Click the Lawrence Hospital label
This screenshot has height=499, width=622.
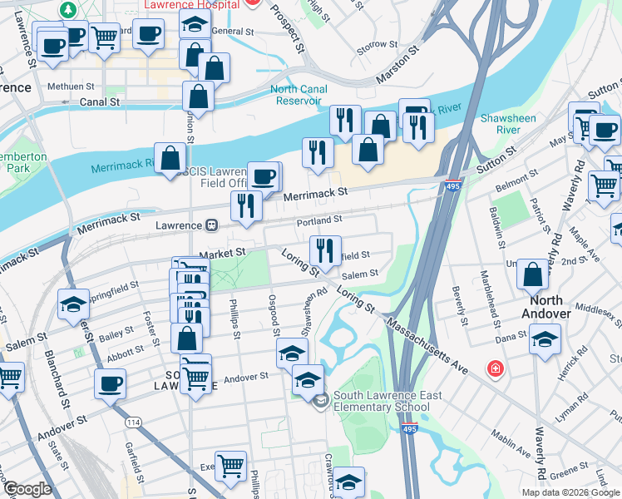pyautogui.click(x=191, y=4)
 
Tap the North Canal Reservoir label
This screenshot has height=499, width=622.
pyautogui.click(x=295, y=95)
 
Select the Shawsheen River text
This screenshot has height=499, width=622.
pyautogui.click(x=508, y=124)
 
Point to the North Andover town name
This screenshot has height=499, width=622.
pyautogui.click(x=541, y=307)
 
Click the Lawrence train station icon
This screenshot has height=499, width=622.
pyautogui.click(x=212, y=225)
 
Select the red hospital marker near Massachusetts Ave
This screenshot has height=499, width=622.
pyautogui.click(x=496, y=368)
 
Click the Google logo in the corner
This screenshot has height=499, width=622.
pyautogui.click(x=27, y=489)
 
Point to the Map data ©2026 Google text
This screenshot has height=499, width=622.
pyautogui.click(x=570, y=492)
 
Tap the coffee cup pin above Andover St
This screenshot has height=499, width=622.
pyautogui.click(x=110, y=383)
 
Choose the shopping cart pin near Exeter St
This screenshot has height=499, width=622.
pyautogui.click(x=230, y=465)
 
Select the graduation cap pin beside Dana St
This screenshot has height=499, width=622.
pyautogui.click(x=545, y=338)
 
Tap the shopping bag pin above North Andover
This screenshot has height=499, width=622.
pyautogui.click(x=532, y=274)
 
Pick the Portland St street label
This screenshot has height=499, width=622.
pyautogui.click(x=319, y=220)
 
